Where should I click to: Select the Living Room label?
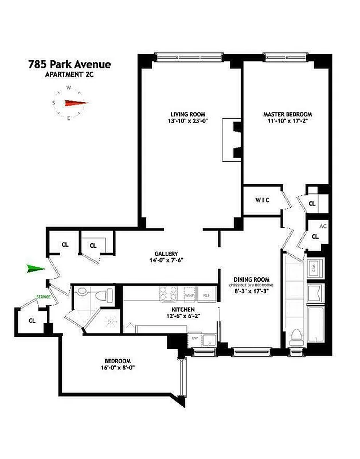click(187, 114)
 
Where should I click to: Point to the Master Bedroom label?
click(288, 114)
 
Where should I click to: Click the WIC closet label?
click(263, 200)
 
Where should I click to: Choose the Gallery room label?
click(166, 254)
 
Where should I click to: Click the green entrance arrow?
click(36, 269)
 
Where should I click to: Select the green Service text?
click(43, 297)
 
